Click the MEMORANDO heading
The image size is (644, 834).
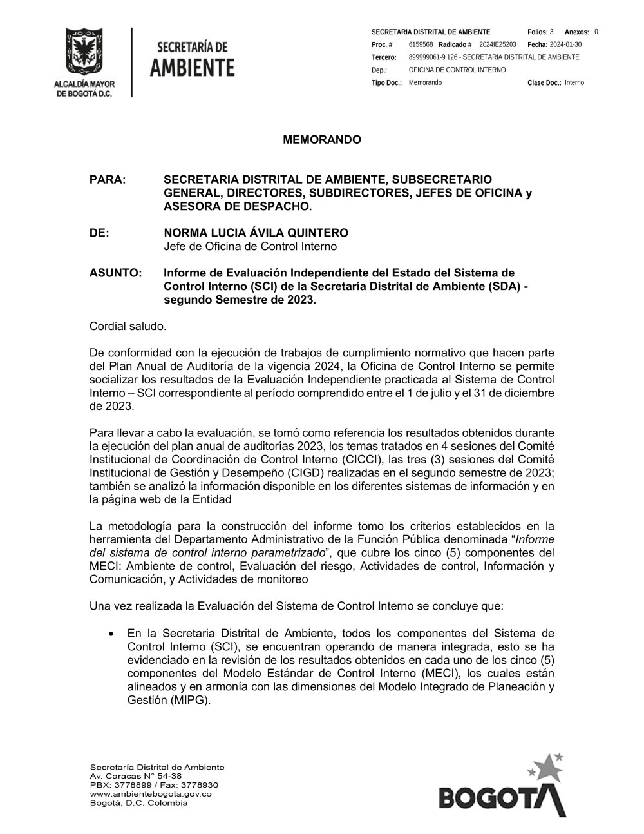pos(322,140)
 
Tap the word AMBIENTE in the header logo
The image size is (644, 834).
pos(193,67)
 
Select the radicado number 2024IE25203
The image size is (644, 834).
pos(498,44)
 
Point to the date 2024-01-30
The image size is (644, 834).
pos(565,44)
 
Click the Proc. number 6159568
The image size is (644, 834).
pos(421,44)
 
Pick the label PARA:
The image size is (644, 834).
pos(107,180)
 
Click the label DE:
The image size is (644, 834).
pos(99,233)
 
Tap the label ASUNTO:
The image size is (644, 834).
pos(115,273)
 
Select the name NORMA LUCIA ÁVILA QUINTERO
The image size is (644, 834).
pos(256,233)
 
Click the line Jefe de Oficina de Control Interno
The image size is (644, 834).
pos(250,246)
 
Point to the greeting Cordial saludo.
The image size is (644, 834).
pos(128,326)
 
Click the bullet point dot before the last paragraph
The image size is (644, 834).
pos(113,634)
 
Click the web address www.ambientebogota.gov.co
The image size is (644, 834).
pos(151,794)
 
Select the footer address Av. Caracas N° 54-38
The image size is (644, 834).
pos(136,776)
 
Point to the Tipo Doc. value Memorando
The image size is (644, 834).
pos(425,82)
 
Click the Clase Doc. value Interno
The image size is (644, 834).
pos(574,82)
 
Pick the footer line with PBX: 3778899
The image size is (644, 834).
pos(154,785)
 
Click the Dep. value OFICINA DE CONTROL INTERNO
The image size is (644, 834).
pos(457,70)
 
